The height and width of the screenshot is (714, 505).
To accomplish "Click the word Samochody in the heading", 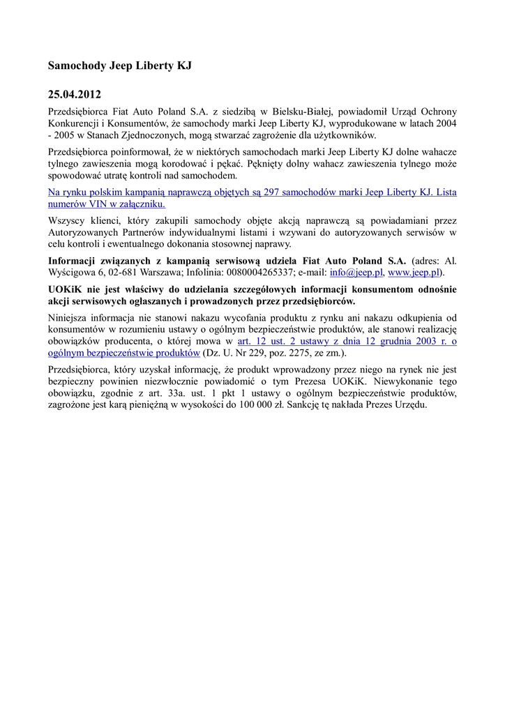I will click(x=73, y=66).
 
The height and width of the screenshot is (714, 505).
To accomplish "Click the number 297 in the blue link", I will click(x=266, y=191).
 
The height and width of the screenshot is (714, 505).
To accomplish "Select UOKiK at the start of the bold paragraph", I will click(x=65, y=289).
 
